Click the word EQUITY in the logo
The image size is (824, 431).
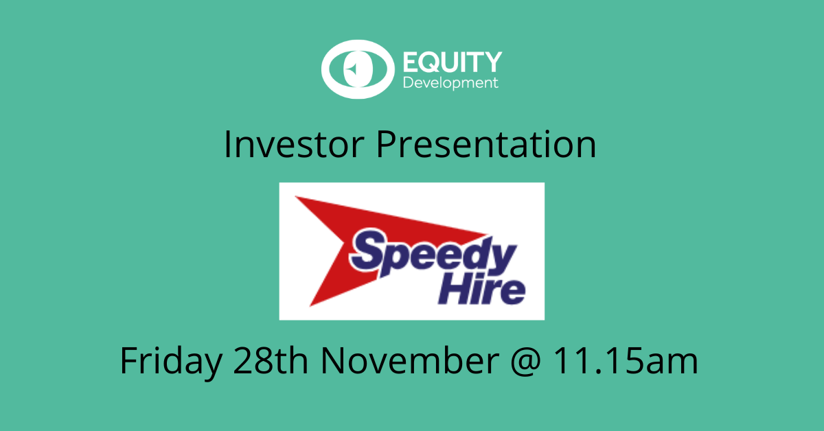pyautogui.click(x=451, y=62)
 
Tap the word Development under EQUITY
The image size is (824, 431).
pyautogui.click(x=450, y=83)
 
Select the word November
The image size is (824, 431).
pyautogui.click(x=409, y=361)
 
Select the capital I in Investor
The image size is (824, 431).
pyautogui.click(x=228, y=145)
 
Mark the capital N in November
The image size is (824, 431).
pyautogui.click(x=334, y=361)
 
